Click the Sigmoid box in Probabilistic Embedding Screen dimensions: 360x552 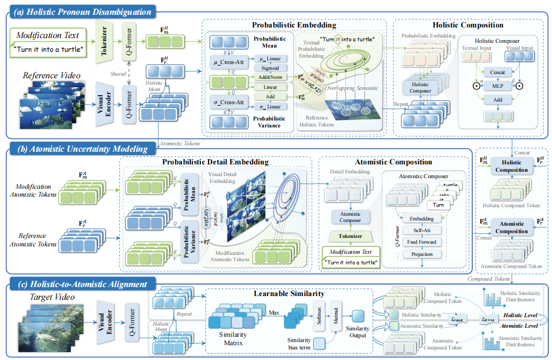(271, 68)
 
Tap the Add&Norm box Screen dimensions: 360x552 (271, 78)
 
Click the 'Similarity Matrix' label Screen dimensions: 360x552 (233, 339)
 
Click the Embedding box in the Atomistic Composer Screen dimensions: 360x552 (421, 218)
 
